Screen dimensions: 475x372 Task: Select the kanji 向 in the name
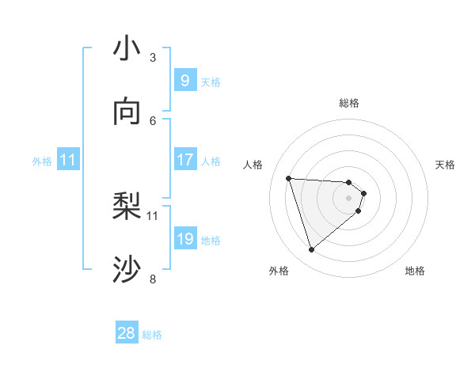click(x=127, y=112)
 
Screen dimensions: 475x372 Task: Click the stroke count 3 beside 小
click(x=152, y=57)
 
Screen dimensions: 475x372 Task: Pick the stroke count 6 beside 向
click(x=152, y=120)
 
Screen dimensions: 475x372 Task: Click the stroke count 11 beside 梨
click(x=153, y=215)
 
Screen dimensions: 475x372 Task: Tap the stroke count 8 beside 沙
click(x=152, y=279)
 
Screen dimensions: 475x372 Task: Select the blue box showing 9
click(x=184, y=80)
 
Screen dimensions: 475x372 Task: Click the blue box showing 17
click(x=184, y=160)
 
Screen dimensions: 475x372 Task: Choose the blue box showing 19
click(x=184, y=239)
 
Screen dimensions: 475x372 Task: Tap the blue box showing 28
click(x=127, y=333)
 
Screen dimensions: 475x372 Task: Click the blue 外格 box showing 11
click(x=68, y=160)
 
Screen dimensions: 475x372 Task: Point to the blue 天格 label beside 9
click(x=211, y=82)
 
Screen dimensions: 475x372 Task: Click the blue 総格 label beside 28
click(x=152, y=335)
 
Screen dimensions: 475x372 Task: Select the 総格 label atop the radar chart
click(x=349, y=103)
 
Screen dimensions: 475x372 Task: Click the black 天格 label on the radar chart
click(x=446, y=165)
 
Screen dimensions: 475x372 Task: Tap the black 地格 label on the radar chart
click(x=415, y=271)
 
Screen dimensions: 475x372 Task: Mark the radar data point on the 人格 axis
click(x=288, y=178)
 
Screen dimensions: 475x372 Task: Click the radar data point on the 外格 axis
click(x=311, y=250)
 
